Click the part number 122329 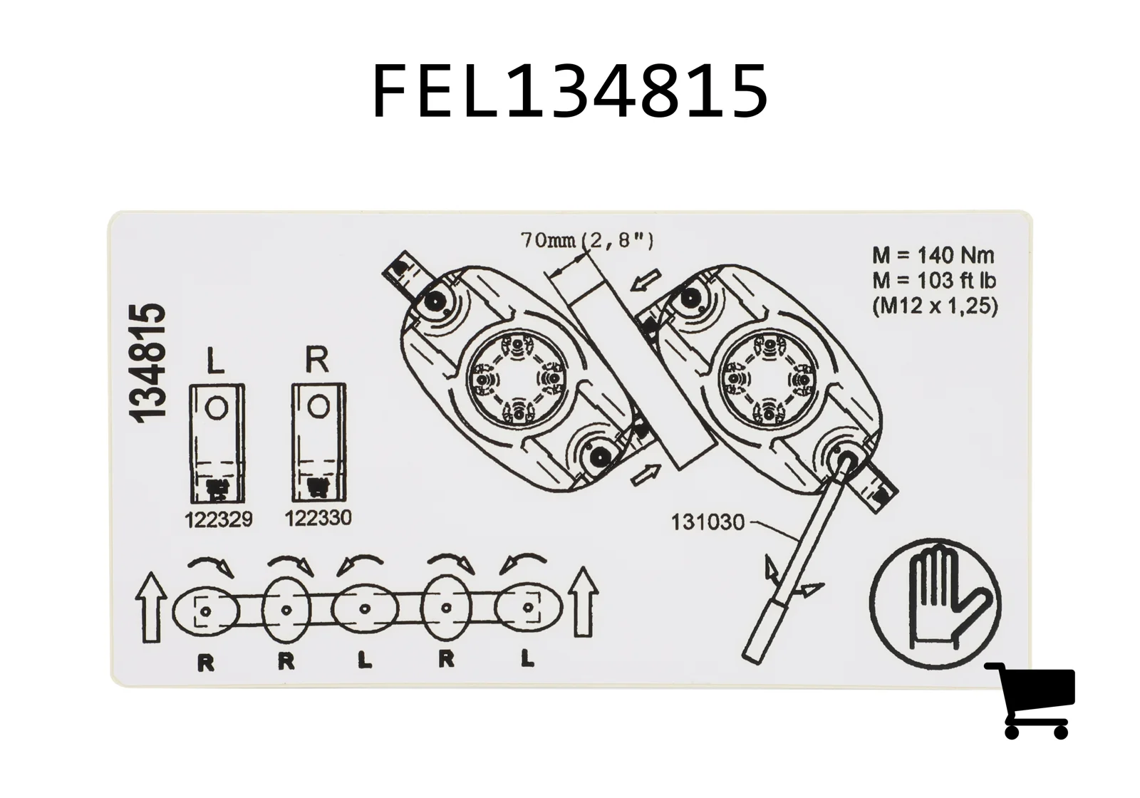click(218, 519)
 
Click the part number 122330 click(318, 518)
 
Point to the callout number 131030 click(708, 522)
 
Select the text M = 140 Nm click(933, 256)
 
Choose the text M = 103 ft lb click(934, 281)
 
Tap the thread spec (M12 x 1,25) click(935, 306)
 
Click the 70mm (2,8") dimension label click(587, 240)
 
